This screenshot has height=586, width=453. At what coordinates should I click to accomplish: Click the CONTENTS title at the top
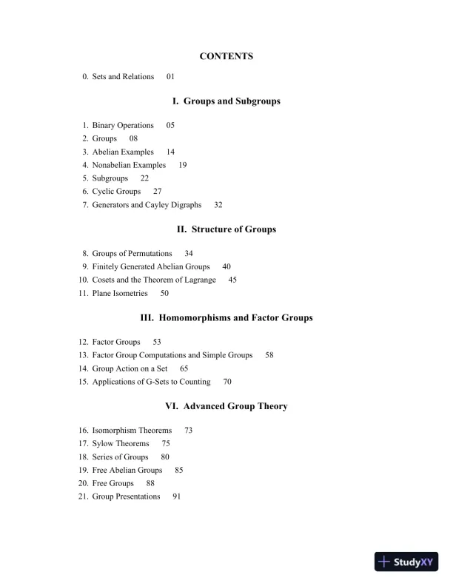tap(226, 56)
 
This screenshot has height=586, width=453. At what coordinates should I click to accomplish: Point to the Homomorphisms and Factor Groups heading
tap(226, 318)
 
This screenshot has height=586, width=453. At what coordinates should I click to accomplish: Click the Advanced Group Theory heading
tap(226, 406)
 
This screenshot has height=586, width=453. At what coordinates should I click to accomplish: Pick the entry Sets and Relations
tap(123, 77)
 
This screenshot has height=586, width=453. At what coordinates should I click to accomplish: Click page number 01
tap(171, 77)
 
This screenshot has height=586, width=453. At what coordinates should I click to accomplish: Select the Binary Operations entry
tap(123, 126)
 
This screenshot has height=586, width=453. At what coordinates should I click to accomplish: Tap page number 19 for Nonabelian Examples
tap(183, 165)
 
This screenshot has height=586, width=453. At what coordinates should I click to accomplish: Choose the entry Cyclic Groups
tap(116, 192)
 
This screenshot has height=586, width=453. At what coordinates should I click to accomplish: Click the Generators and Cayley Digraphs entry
tap(147, 205)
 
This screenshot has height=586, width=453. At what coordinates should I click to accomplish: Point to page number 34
tap(189, 254)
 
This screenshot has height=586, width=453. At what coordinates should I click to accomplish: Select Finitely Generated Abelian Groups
tap(151, 267)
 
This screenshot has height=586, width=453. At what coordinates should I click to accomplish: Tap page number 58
tap(269, 356)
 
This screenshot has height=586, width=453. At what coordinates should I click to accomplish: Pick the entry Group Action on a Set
tap(130, 369)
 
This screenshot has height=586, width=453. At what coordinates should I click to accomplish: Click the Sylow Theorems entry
tap(121, 444)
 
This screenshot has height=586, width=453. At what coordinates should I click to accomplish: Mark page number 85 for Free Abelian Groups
tap(179, 471)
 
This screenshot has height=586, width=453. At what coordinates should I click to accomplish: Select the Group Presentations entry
tap(126, 497)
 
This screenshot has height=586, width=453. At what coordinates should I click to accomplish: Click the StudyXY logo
tap(407, 562)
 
